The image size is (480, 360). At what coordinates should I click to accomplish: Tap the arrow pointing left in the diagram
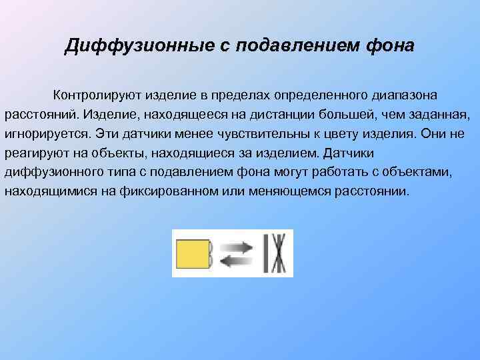point(237,262)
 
